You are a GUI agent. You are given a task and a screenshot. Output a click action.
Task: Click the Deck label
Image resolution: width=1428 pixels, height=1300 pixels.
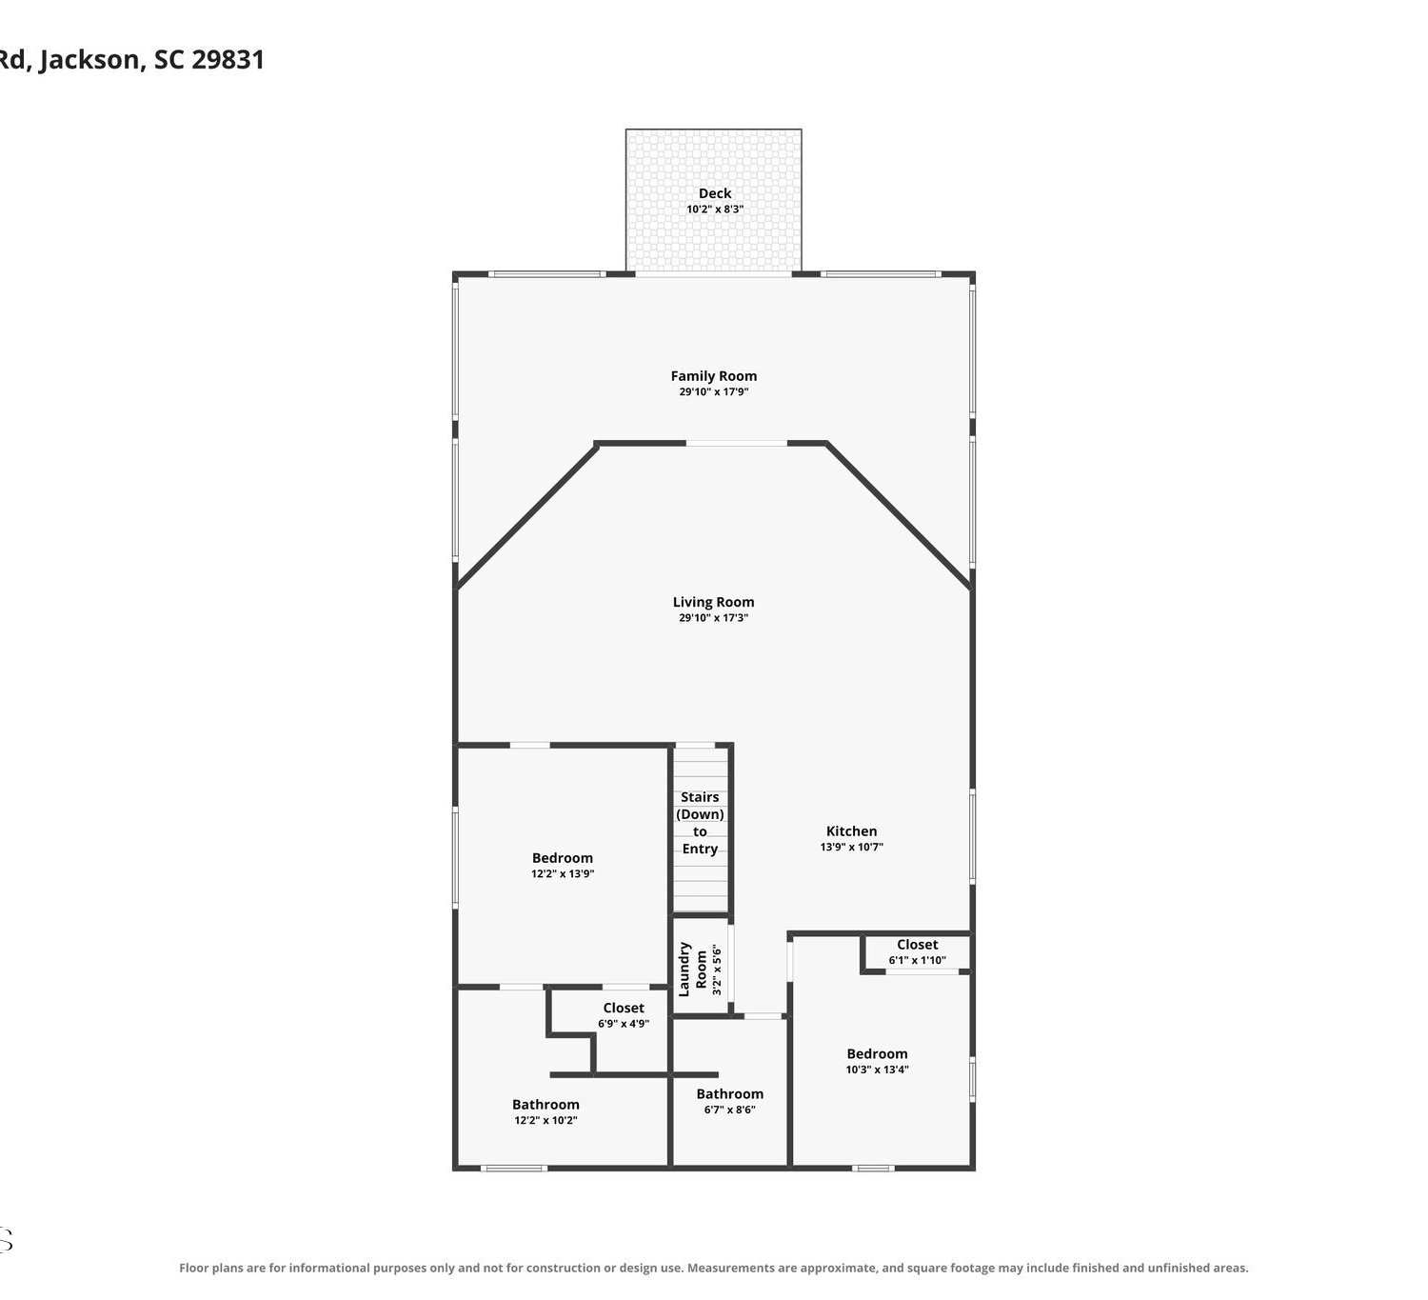715,193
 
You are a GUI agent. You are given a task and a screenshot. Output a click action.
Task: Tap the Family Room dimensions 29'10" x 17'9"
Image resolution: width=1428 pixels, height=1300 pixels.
714,391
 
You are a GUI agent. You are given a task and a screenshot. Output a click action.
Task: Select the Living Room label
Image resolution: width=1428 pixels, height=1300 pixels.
713,602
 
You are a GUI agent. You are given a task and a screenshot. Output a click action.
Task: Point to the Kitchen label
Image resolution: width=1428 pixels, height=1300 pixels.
851,830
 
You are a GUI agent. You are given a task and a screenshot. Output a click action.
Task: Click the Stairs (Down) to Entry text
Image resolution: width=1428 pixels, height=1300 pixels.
700,823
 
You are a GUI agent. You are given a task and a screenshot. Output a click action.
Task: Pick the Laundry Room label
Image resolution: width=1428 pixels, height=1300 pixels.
693,969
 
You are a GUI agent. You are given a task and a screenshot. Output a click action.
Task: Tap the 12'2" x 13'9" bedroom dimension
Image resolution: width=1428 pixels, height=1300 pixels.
563,873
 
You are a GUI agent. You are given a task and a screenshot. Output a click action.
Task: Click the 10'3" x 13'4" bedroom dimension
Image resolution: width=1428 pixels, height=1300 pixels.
877,1070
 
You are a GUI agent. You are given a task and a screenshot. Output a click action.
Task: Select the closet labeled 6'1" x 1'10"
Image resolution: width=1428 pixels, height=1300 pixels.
917,951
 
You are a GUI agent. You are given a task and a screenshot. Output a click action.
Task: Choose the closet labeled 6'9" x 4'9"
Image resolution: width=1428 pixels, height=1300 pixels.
624,1015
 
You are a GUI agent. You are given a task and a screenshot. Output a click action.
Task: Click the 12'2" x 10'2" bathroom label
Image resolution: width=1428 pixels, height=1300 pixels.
546,1112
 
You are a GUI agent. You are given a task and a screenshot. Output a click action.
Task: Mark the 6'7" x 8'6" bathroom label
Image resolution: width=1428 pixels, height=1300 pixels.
729,1101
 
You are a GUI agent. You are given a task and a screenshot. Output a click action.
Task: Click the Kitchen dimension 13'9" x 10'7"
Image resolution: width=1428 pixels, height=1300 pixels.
851,847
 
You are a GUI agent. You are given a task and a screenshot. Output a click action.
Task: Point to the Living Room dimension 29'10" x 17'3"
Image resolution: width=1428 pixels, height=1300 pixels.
713,617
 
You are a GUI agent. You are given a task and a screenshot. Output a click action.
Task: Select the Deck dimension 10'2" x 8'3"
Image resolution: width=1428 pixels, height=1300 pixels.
715,210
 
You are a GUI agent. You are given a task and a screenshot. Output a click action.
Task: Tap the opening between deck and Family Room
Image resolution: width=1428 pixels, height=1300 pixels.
713,273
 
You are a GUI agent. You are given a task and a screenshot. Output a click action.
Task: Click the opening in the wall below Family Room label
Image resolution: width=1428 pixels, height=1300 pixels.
737,444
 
